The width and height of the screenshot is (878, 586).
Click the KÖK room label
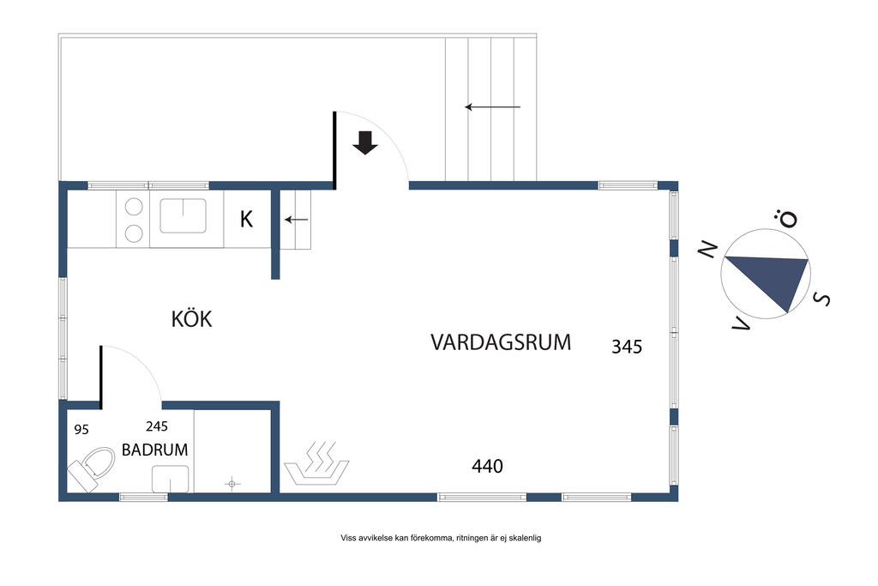191,318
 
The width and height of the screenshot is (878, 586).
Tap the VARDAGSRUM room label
501,341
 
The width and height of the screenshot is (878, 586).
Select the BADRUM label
154,450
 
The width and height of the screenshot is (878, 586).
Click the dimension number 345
627,347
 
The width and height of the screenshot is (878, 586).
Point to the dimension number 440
487,466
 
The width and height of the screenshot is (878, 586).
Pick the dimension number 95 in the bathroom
81,430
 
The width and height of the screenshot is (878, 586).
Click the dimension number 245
157,426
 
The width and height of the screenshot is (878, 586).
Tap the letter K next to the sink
246,219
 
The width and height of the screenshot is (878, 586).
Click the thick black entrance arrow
365,142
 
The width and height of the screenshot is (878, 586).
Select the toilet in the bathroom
91,469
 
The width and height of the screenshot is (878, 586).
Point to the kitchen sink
183,215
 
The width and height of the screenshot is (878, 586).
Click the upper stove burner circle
134,207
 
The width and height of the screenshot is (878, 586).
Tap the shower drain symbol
232,484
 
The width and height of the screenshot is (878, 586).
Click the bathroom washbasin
171,480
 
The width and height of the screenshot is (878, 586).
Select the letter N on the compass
707,249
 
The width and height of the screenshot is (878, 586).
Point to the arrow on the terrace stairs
493,107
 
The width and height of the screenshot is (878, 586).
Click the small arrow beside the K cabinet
296,220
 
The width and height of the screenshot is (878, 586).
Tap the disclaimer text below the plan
441,538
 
